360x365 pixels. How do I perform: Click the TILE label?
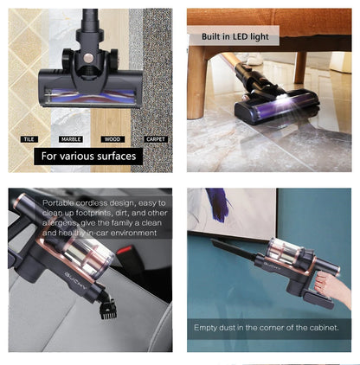[x=29, y=138]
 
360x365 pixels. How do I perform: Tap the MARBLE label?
[x=71, y=138]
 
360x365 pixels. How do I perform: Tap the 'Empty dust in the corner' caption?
[x=272, y=328]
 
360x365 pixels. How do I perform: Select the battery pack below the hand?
[x=320, y=299]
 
